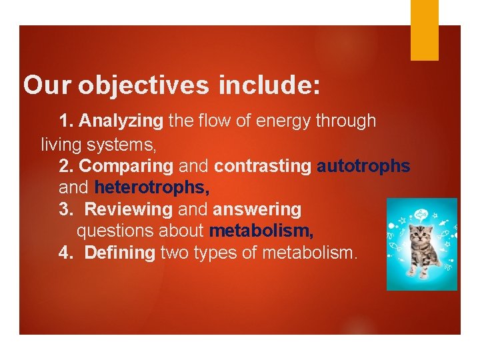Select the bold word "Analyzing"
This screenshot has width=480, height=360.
(121, 121)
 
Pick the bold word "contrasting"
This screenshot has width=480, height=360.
(263, 165)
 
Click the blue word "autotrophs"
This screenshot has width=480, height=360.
(363, 165)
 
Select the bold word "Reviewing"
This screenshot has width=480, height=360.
(129, 209)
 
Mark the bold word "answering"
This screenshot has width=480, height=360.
(257, 209)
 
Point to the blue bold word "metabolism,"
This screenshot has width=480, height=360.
(261, 231)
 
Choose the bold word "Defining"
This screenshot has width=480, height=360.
(121, 253)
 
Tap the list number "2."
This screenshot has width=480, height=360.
(67, 165)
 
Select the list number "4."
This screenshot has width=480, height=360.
(67, 253)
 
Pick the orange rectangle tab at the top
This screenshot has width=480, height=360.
(424, 30)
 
